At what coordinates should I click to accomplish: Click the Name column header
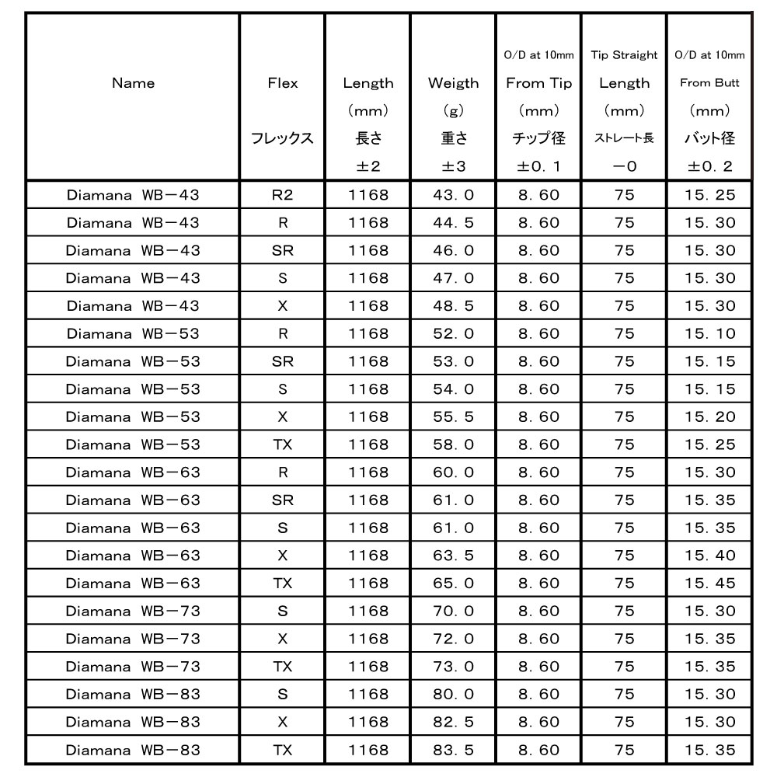pos(133,83)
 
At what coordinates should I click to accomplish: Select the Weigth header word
pos(453,83)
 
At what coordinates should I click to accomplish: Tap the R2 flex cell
pos(282,195)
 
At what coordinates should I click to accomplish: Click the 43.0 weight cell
pos(453,195)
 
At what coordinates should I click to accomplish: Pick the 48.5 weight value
pos(453,306)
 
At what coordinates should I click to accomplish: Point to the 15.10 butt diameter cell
pos(709,333)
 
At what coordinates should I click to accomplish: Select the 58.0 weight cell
pos(453,444)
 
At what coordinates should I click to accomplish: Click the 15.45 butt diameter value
pos(709,583)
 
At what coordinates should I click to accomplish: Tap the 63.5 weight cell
pos(453,556)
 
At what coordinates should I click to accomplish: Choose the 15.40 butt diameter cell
pos(709,556)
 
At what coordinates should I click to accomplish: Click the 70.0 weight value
pos(453,611)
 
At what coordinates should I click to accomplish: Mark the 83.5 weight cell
pos(453,750)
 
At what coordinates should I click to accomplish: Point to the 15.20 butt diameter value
pos(709,416)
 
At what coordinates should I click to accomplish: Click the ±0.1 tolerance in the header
pos(538,166)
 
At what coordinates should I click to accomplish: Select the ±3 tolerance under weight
pos(453,166)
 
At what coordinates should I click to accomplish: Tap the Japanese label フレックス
pos(282,139)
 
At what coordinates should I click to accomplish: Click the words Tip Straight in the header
pos(624,55)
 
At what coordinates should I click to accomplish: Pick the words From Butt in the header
pos(709,83)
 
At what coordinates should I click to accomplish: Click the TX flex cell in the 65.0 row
pos(282,583)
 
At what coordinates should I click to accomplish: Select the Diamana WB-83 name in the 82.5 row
pos(133,722)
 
